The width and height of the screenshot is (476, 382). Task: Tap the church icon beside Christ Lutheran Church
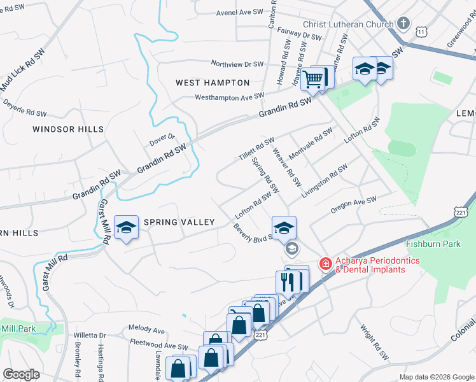[x=403, y=24]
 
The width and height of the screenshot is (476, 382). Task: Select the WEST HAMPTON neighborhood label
[x=213, y=83]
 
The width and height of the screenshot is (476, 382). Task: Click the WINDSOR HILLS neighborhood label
[x=68, y=129]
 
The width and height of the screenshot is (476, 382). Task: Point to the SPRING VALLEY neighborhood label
[x=179, y=222]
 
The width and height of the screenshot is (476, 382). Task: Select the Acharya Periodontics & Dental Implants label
[x=371, y=265]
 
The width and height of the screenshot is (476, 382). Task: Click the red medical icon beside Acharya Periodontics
[x=325, y=263]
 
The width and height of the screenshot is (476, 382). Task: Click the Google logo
[x=21, y=374]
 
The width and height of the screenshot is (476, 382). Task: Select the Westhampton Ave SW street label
[x=229, y=97]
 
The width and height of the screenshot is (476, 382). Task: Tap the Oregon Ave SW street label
[x=354, y=205]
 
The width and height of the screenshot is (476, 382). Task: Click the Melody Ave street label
[x=147, y=330]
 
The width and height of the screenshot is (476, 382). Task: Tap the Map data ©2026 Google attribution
[x=436, y=377]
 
